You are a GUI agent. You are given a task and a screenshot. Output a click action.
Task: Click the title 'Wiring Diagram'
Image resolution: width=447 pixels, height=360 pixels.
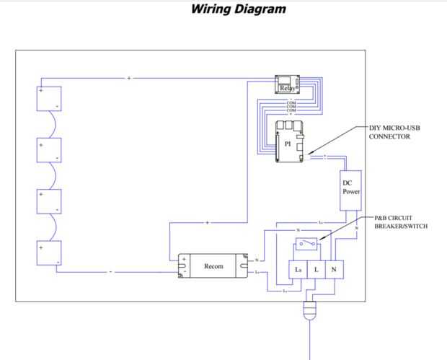pyautogui.click(x=238, y=9)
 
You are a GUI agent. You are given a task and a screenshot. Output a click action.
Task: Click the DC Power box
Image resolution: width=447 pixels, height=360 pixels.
pyautogui.click(x=350, y=188)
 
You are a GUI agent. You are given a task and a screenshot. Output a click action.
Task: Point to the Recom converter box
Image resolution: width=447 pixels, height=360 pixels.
pyautogui.click(x=214, y=265)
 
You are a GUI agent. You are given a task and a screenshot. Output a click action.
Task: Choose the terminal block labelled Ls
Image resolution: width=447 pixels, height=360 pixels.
pyautogui.click(x=298, y=269)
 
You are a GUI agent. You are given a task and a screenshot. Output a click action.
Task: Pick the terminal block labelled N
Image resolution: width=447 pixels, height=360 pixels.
pyautogui.click(x=333, y=269)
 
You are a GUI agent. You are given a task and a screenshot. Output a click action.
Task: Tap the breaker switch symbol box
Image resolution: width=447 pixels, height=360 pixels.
pyautogui.click(x=310, y=243)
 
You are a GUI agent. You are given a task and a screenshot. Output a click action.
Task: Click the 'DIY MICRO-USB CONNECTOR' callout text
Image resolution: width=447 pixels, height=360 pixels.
pyautogui.click(x=394, y=132)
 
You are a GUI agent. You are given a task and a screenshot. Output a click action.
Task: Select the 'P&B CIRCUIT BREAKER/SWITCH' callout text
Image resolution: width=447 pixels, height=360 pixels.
pyautogui.click(x=401, y=221)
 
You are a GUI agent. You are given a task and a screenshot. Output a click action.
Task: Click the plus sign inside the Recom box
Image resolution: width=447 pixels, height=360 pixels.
pyautogui.click(x=184, y=260)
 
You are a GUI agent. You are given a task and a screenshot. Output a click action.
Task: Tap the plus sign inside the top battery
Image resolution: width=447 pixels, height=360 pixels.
pyautogui.click(x=42, y=92)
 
